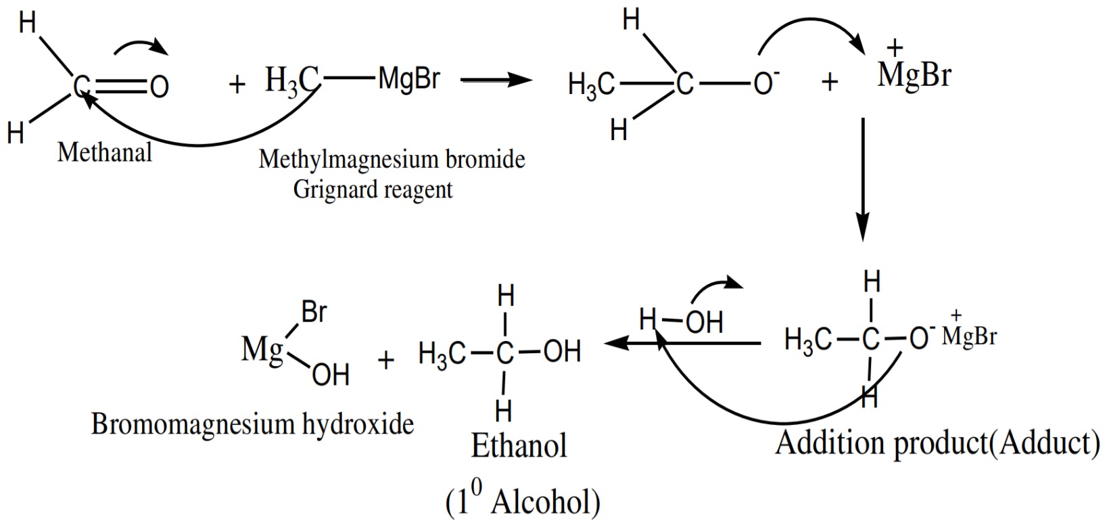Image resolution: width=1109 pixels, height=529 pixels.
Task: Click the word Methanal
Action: click(105, 153)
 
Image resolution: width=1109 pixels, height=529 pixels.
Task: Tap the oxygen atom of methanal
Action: click(159, 87)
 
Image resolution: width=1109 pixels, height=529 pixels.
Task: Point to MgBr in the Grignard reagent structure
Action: click(409, 79)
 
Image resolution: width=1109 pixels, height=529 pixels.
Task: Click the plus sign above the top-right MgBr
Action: click(894, 48)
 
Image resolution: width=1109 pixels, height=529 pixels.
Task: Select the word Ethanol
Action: click(519, 446)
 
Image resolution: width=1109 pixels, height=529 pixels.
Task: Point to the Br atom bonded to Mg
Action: click(314, 313)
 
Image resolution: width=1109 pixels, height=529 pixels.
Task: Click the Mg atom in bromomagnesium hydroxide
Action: click(262, 350)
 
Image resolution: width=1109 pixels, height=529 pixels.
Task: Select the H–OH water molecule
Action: click(682, 321)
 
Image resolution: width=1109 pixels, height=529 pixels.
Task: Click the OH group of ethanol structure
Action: click(562, 352)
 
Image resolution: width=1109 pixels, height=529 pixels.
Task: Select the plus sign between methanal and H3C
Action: click(236, 85)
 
